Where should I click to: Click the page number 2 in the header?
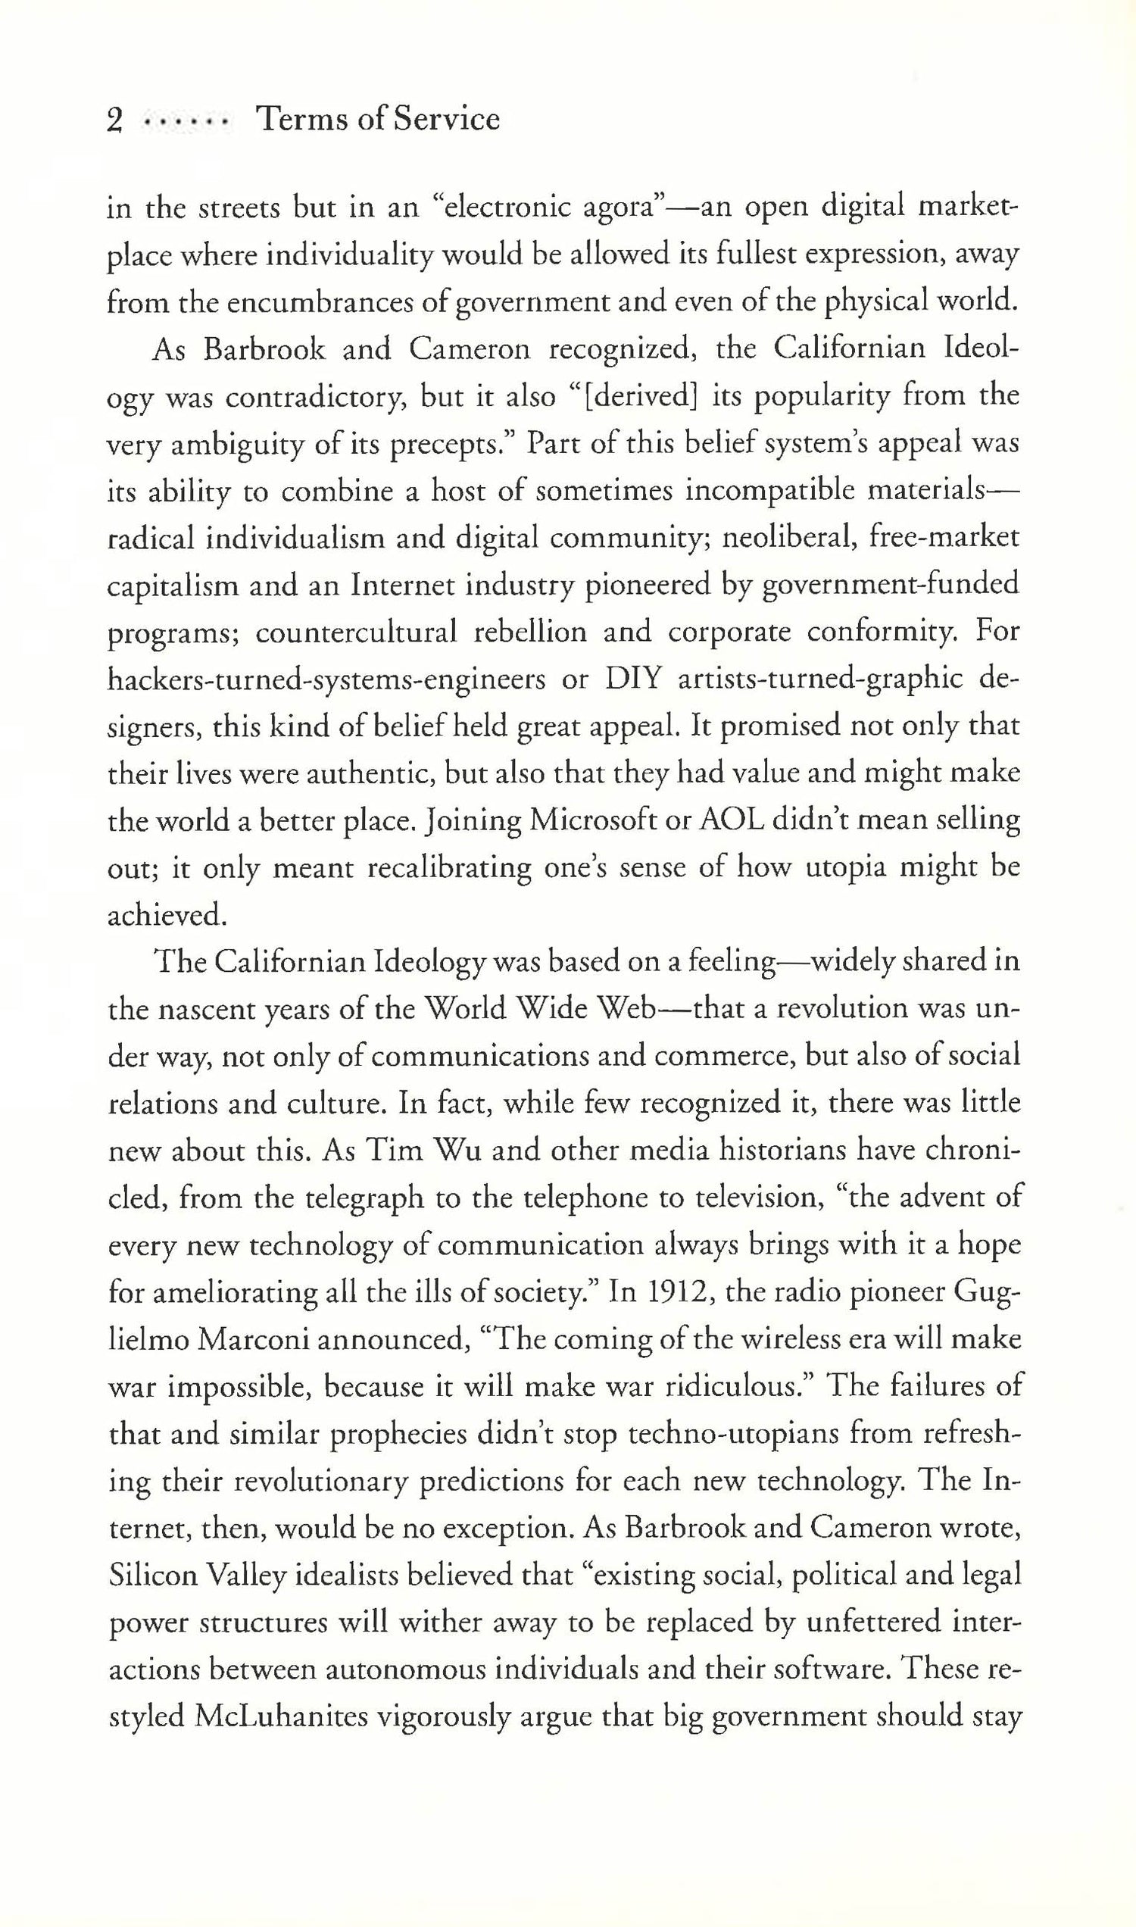115,120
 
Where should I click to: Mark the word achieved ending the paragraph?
166,916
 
